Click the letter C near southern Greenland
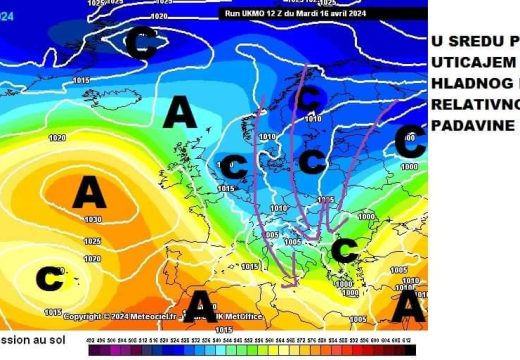(144, 42)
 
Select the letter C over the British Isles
(236, 167)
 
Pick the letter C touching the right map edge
(409, 141)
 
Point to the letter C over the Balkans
(344, 250)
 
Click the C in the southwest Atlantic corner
(50, 279)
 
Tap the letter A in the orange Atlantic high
(89, 192)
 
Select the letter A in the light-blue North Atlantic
(179, 113)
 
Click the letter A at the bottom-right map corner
(407, 305)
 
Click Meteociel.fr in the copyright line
(151, 317)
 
